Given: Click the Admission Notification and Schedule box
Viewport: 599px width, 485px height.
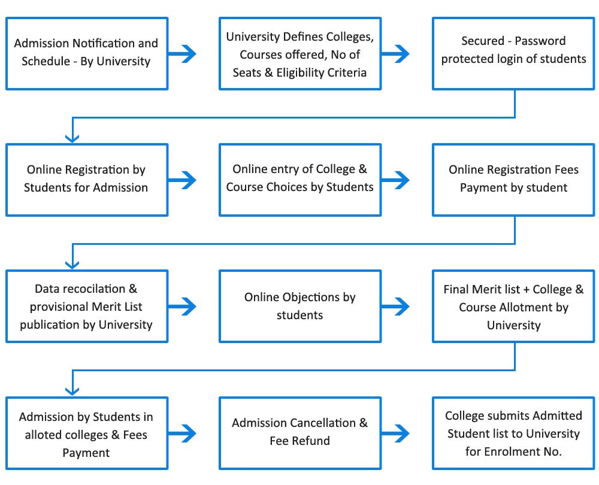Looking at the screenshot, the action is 87,53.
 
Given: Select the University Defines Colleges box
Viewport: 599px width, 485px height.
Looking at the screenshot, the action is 300,53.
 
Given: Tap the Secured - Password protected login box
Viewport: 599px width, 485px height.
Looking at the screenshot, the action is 513,53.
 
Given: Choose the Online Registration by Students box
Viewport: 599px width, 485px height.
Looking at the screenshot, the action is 87,180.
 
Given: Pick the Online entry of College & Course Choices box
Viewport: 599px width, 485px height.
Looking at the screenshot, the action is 300,180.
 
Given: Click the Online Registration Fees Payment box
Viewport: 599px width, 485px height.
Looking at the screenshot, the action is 513,180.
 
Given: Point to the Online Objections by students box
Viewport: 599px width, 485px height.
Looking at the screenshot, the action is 300,307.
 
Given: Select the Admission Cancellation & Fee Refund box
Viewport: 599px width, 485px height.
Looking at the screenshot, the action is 300,433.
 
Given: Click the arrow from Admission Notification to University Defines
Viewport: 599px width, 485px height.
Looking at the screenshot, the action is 182,53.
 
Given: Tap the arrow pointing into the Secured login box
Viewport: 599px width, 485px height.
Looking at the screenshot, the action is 395,53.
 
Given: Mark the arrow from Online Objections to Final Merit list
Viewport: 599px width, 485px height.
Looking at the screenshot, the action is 395,307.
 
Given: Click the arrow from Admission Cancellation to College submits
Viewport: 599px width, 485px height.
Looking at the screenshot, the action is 395,433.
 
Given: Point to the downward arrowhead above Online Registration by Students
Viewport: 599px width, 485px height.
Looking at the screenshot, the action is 72,138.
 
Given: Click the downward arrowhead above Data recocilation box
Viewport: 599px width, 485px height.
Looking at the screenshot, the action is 72,265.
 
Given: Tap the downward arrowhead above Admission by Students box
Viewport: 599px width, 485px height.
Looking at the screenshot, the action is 72,391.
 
